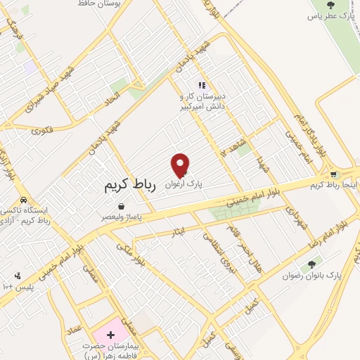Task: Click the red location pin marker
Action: click(x=181, y=165)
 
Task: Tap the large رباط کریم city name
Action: click(x=129, y=185)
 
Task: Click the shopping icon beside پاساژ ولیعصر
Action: click(x=122, y=207)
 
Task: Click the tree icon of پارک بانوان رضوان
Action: click(x=311, y=264)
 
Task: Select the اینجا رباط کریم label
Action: click(x=337, y=185)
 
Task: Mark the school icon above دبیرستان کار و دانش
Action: click(x=202, y=86)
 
